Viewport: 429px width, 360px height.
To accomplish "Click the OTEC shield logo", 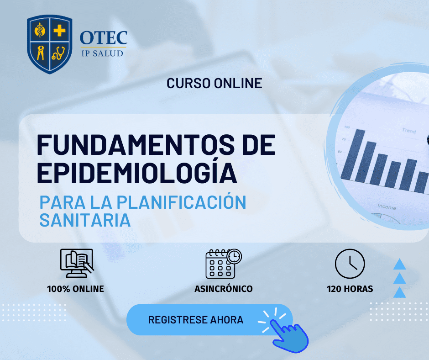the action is (x=50, y=44).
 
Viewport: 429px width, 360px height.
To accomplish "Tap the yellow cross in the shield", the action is (x=59, y=31).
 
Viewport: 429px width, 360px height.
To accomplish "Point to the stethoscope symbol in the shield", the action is (x=58, y=53).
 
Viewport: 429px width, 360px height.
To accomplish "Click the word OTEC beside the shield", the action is (x=104, y=37).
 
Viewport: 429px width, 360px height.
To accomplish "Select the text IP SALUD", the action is (x=102, y=53).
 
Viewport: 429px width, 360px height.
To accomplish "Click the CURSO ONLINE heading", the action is (x=214, y=83).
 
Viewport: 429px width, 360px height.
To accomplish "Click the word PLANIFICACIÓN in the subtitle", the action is (x=181, y=202).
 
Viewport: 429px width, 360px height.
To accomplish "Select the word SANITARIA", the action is (x=85, y=220).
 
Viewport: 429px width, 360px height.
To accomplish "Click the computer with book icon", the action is (x=77, y=263).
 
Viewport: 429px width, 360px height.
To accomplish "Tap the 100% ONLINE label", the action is (x=75, y=289).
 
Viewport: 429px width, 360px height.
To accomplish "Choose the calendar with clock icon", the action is (x=224, y=264).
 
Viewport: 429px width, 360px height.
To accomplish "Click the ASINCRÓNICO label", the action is (x=224, y=288).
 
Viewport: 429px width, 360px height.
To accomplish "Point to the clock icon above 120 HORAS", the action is (x=350, y=264).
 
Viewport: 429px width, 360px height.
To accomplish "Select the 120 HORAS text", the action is (x=350, y=289).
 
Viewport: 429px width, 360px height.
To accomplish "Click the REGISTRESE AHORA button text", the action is (x=196, y=320).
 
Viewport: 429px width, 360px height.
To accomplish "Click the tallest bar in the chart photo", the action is (x=354, y=155).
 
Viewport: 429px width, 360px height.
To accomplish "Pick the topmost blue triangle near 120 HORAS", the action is (x=399, y=264).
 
